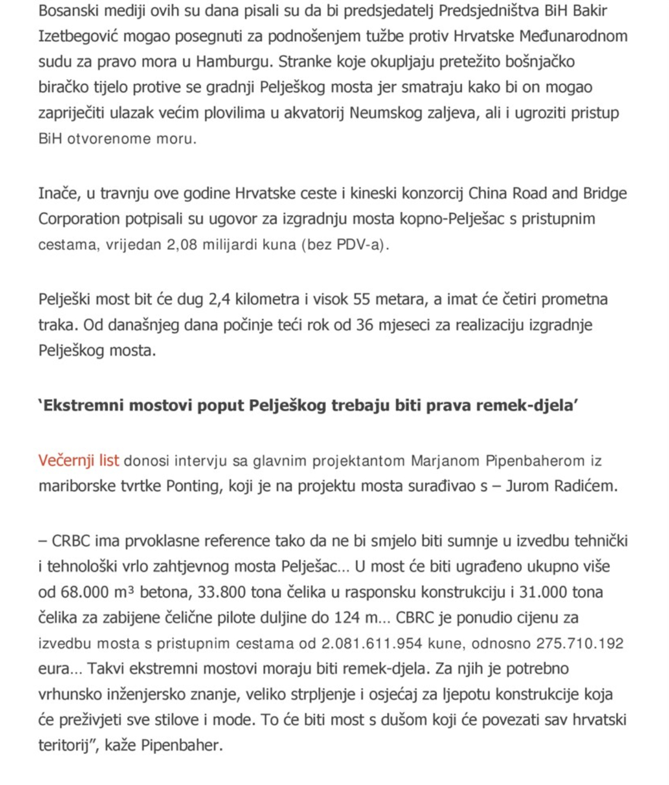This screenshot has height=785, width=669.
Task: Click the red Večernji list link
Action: tap(79, 461)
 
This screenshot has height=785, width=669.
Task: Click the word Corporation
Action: tap(79, 219)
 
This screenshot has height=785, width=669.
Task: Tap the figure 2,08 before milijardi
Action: tap(182, 245)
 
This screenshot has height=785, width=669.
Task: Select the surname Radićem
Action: tap(585, 486)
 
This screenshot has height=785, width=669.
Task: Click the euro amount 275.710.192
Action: tap(580, 643)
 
